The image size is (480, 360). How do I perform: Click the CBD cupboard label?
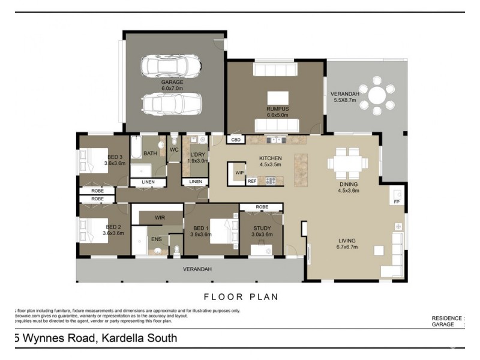pos(236,140)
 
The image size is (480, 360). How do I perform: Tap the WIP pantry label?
pos(239,173)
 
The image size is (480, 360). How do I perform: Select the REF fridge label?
pos(252,181)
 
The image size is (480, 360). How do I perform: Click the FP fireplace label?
pos(396,202)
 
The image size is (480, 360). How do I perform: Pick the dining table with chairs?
pos(348,162)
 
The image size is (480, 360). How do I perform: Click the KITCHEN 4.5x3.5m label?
pos(270,161)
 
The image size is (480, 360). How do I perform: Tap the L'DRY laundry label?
pos(197,157)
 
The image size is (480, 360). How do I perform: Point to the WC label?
pos(174,149)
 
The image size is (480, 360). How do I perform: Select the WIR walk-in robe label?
pos(160,217)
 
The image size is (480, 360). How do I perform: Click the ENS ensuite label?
pos(156,239)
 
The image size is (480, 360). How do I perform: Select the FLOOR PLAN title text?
pos(241,296)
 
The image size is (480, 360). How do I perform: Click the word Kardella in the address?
pos(122,338)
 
